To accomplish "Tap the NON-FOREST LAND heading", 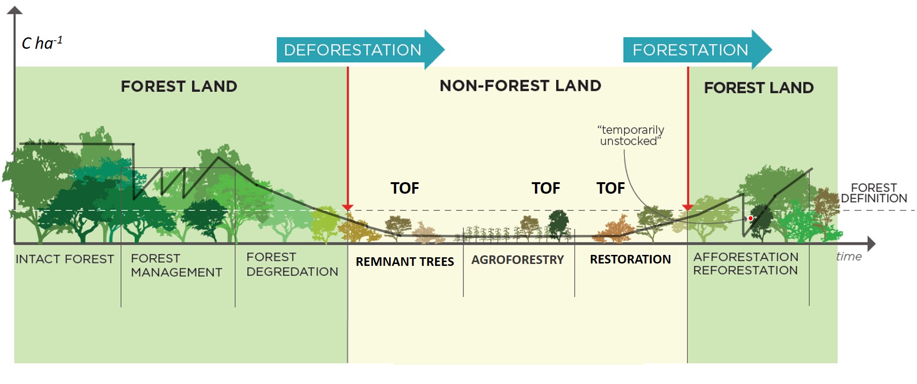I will pyautogui.click(x=520, y=86).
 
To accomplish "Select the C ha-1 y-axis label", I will pyautogui.click(x=42, y=43).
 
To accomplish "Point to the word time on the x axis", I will pyautogui.click(x=849, y=256).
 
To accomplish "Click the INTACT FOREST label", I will pyautogui.click(x=65, y=259).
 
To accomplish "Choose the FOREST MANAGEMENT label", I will pyautogui.click(x=176, y=265).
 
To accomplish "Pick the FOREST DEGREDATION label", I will pyautogui.click(x=292, y=264).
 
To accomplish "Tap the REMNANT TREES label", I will pyautogui.click(x=404, y=262).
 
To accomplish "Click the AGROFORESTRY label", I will pyautogui.click(x=517, y=260).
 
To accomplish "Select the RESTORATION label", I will pyautogui.click(x=630, y=259).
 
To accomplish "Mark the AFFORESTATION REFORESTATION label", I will pyautogui.click(x=745, y=263).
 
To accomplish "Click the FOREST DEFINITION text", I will pyautogui.click(x=873, y=193).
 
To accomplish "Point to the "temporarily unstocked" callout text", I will pyautogui.click(x=631, y=135).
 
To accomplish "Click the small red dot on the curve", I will pyautogui.click(x=751, y=219).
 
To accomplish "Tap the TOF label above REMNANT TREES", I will pyautogui.click(x=404, y=188).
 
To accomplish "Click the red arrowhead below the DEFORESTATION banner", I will pyautogui.click(x=348, y=207).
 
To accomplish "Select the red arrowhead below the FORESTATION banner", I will pyautogui.click(x=688, y=207).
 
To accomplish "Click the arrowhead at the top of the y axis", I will pyautogui.click(x=15, y=10).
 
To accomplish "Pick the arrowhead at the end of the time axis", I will pyautogui.click(x=871, y=243).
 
